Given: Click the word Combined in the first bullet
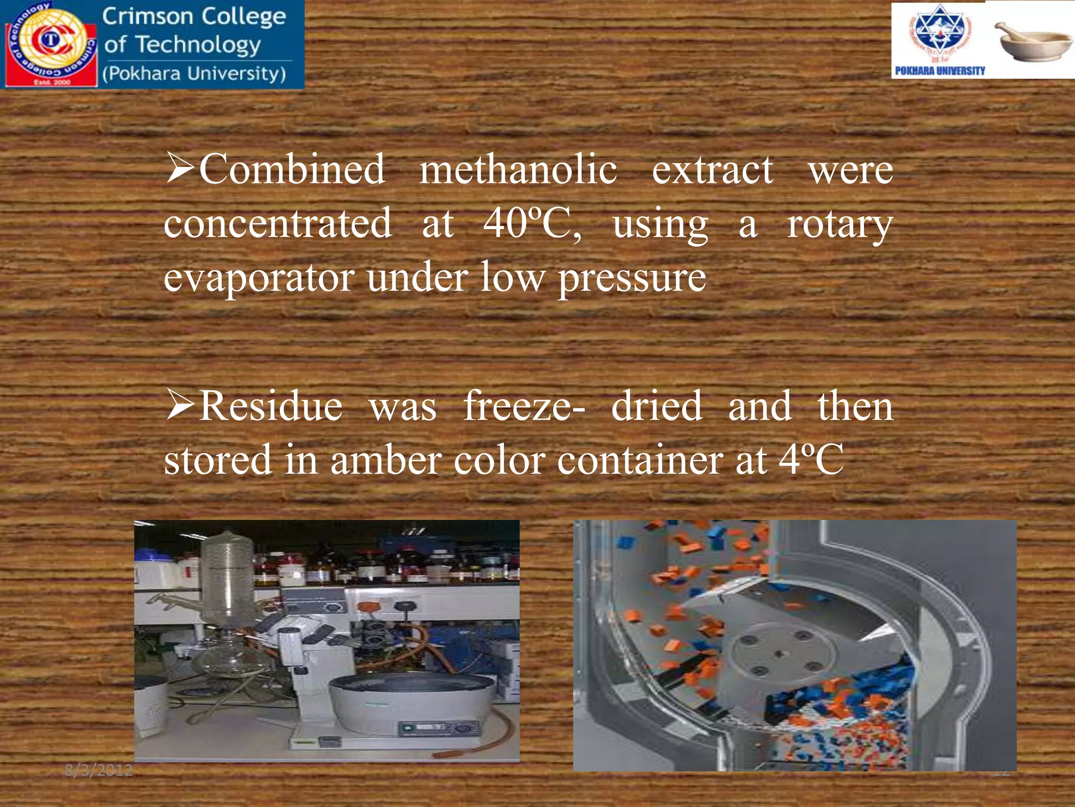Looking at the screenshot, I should tap(292, 169).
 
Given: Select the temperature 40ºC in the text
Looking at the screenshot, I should tap(531, 223).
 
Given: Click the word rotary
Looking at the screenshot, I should tap(839, 225).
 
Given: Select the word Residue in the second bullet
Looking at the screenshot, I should tap(271, 406).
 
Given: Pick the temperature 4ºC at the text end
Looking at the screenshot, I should tap(811, 460).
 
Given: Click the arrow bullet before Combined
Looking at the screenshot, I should tap(180, 168).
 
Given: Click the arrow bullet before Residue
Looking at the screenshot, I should tap(180, 406).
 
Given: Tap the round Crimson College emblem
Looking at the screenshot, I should tap(51, 43).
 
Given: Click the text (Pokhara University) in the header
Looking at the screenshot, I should tap(194, 74).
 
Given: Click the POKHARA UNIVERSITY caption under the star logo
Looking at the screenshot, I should tap(940, 70).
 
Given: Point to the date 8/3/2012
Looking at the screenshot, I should tap(98, 770).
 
